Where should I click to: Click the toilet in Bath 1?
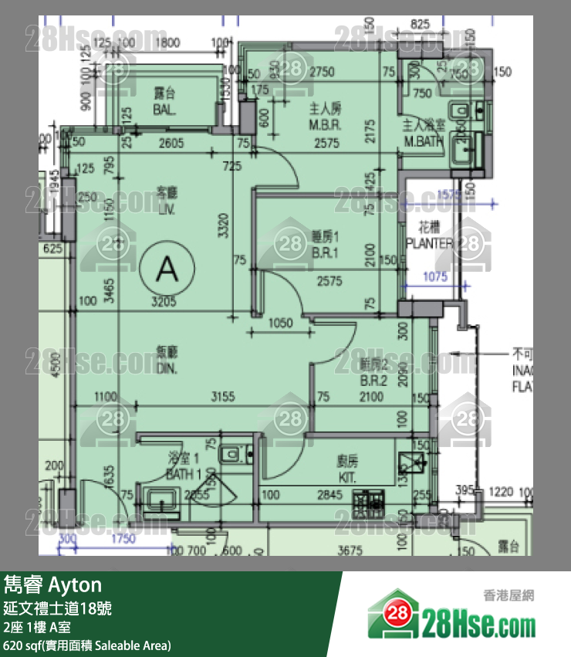[x=231, y=453]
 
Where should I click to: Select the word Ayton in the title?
[x=76, y=584]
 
